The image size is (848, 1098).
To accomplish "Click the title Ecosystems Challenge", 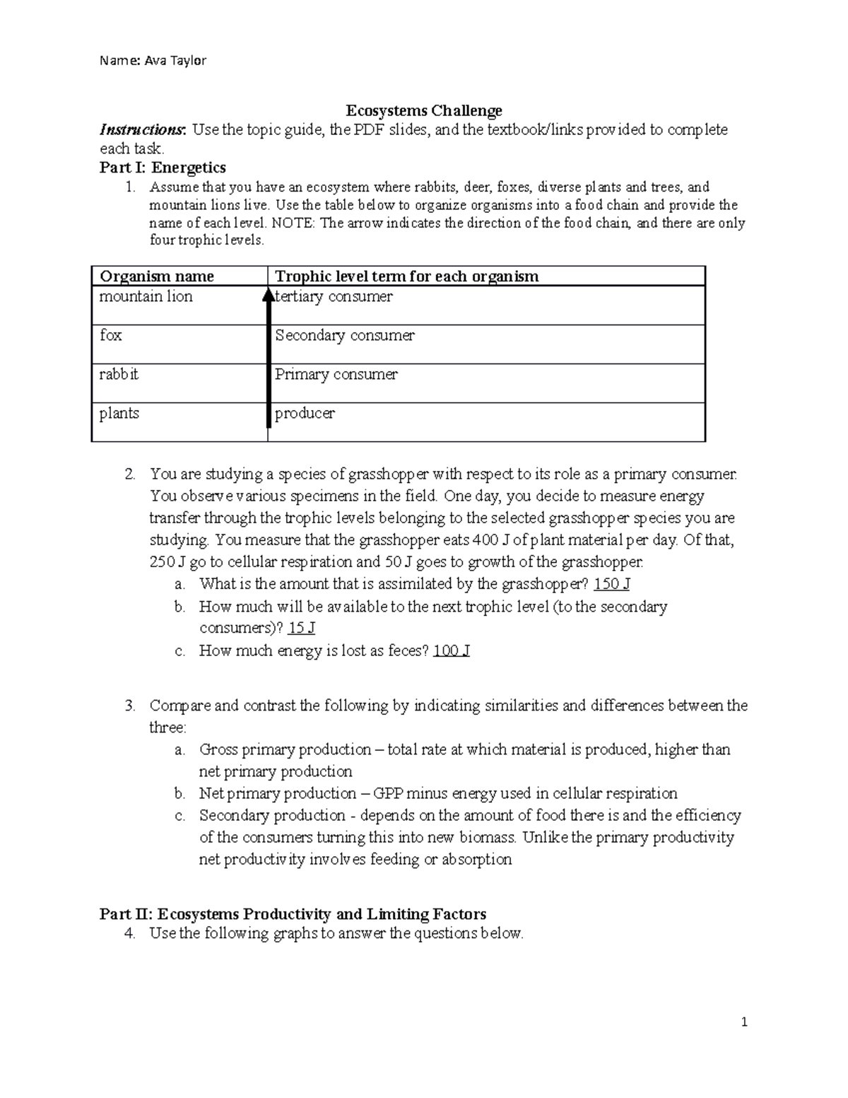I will (x=423, y=110).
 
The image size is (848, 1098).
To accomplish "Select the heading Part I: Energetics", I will (x=163, y=168).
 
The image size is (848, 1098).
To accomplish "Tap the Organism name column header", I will (x=156, y=276).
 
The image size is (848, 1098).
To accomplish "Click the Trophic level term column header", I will (x=406, y=276).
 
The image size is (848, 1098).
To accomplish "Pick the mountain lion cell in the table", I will (x=146, y=297).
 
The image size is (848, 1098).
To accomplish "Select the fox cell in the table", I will (x=111, y=335).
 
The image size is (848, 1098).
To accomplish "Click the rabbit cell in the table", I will (x=119, y=374).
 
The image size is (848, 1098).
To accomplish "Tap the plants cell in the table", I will (x=119, y=413).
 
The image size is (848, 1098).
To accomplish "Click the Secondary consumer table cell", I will (x=345, y=335).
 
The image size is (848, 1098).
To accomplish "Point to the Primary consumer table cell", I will (x=336, y=374).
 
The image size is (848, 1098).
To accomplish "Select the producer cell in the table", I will (x=305, y=413).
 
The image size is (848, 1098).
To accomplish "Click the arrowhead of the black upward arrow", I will (x=269, y=293).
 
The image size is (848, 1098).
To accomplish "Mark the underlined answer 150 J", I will (x=612, y=584).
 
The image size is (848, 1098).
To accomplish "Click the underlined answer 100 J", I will (x=451, y=650).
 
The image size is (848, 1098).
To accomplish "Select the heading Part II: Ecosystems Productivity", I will (x=293, y=914).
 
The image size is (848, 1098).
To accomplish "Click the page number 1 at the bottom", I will (x=744, y=1022).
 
